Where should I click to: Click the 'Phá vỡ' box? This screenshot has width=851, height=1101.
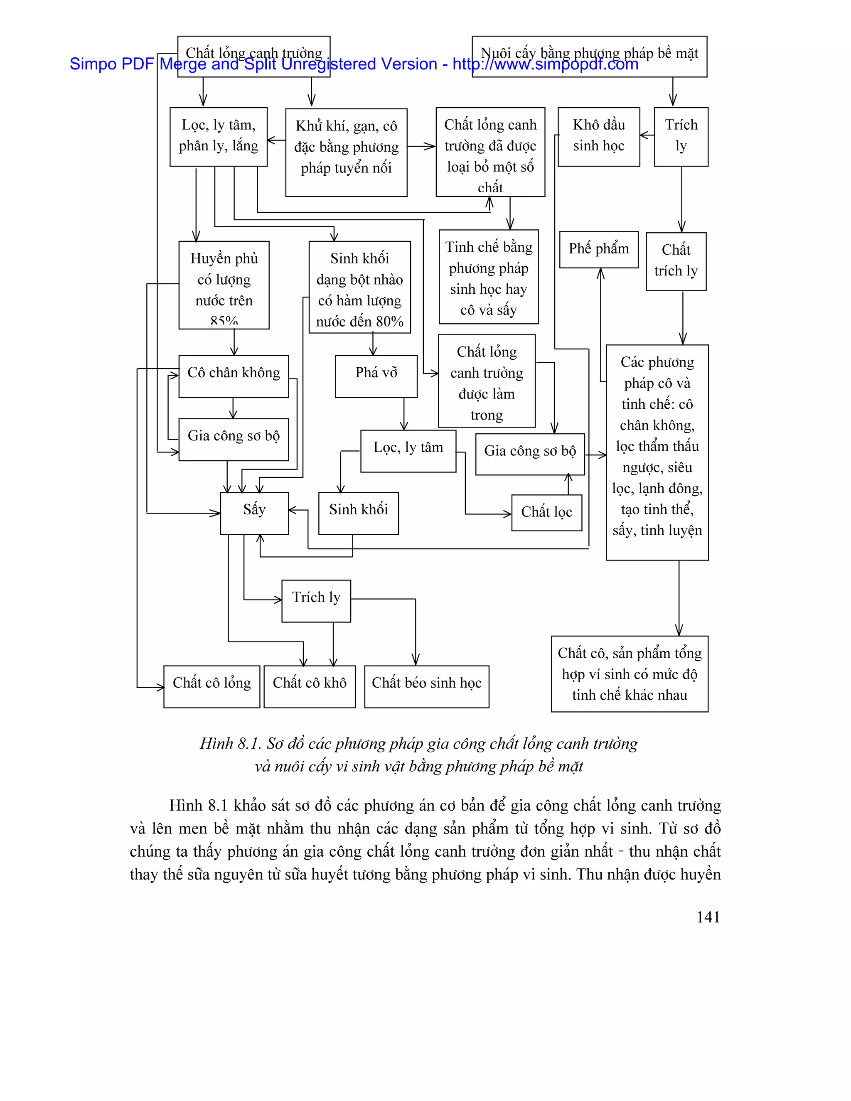pyautogui.click(x=376, y=376)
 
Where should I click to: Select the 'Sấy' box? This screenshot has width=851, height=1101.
pyautogui.click(x=254, y=513)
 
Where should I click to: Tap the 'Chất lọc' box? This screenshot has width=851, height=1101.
pyautogui.click(x=546, y=513)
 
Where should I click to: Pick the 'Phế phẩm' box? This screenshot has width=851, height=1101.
pyautogui.click(x=598, y=250)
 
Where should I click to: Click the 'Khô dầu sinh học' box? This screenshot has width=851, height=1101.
pyautogui.click(x=598, y=136)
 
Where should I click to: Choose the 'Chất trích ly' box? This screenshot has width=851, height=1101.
pyautogui.click(x=676, y=261)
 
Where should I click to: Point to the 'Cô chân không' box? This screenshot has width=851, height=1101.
pyautogui.click(x=234, y=376)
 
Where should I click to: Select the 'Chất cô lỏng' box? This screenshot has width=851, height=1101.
pyautogui.click(x=212, y=686)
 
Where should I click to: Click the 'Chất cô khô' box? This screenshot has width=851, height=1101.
pyautogui.click(x=310, y=686)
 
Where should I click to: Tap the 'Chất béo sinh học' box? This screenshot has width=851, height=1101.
pyautogui.click(x=426, y=686)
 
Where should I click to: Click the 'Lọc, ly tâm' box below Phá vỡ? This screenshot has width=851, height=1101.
pyautogui.click(x=408, y=451)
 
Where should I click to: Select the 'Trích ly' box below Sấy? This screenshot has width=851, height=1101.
pyautogui.click(x=316, y=600)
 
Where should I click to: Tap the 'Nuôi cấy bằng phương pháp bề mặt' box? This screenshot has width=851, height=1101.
pyautogui.click(x=589, y=56)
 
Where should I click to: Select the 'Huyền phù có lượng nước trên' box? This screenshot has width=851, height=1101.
pyautogui.click(x=224, y=285)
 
